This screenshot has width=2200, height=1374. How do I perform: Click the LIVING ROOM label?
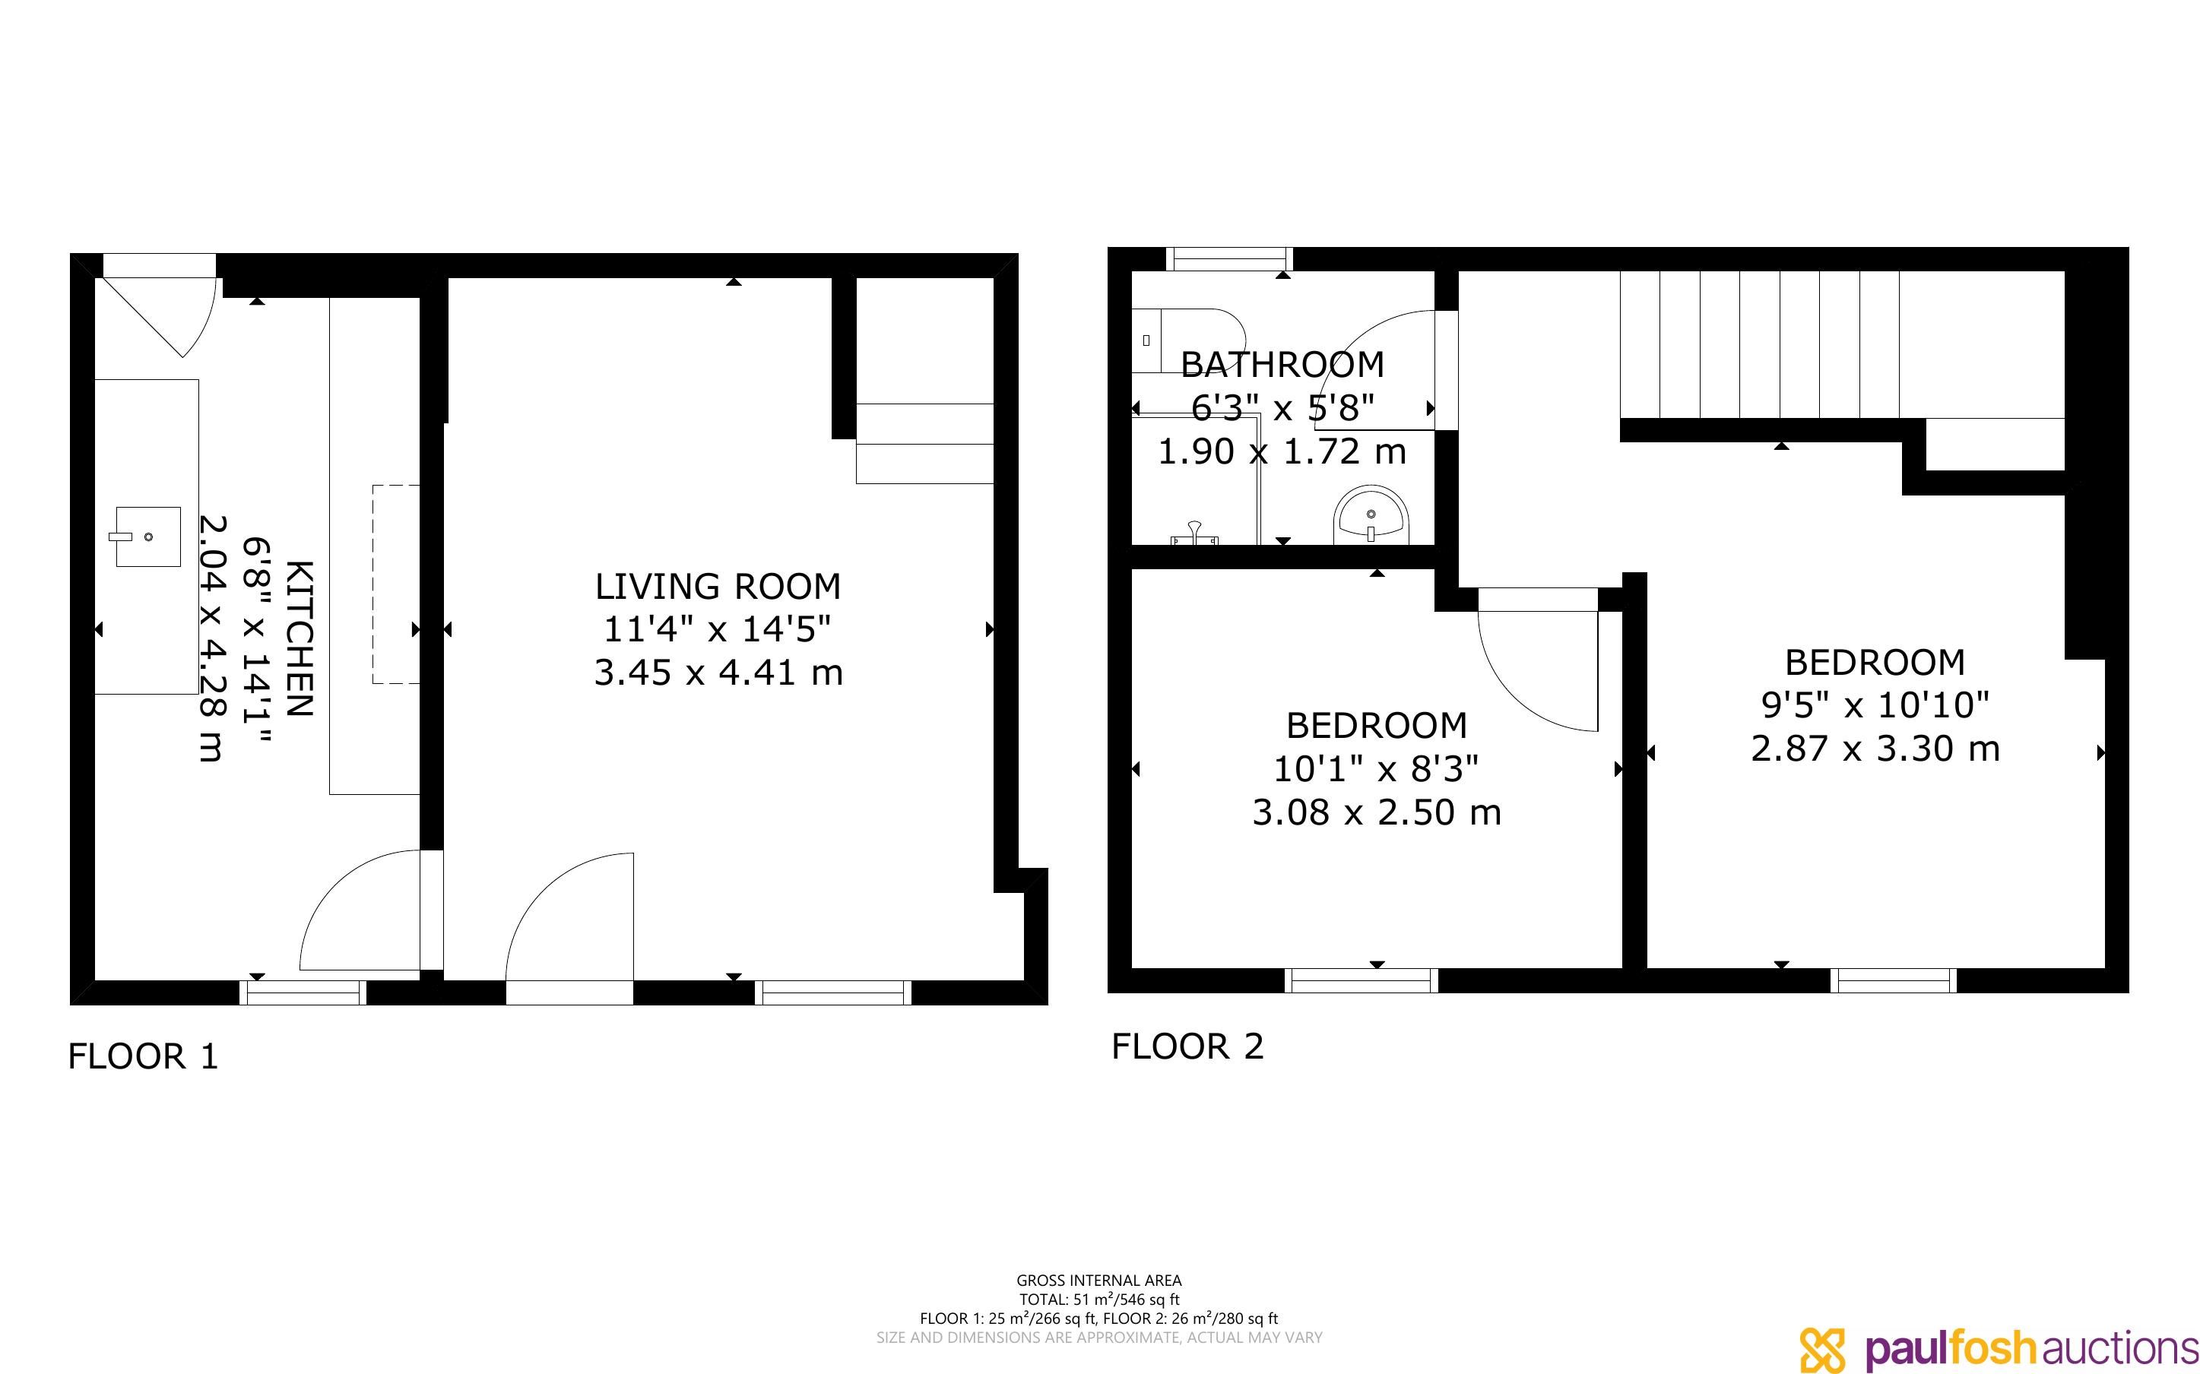(x=718, y=587)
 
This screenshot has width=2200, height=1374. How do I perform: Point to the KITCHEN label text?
(x=300, y=639)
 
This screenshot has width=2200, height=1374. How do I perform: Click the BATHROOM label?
(x=1282, y=366)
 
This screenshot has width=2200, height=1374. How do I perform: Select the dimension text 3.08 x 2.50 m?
(x=1377, y=812)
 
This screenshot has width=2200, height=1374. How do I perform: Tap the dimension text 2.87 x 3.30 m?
(x=1875, y=749)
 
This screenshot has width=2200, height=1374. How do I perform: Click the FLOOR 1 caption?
(x=144, y=1056)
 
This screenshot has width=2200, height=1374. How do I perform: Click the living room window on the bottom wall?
(x=833, y=993)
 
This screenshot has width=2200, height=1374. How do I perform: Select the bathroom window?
(x=1229, y=259)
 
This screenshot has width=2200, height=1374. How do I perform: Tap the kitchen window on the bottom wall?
(x=303, y=993)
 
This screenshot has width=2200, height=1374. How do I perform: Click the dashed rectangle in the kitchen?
(x=396, y=584)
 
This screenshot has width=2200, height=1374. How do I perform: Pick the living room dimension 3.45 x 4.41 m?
(x=718, y=673)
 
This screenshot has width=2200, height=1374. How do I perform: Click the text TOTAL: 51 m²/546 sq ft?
(x=1098, y=1300)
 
